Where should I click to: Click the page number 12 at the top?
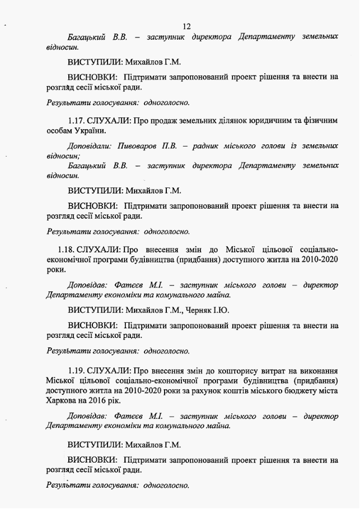tap(186, 26)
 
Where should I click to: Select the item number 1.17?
tap(76, 120)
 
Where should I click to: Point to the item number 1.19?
tap(76, 371)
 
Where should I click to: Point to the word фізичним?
tap(321, 120)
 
